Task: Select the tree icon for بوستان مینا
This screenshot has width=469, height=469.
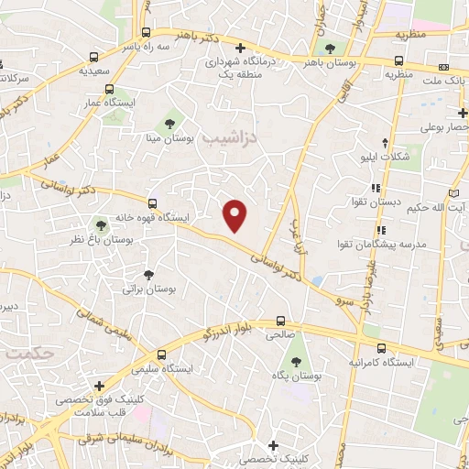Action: pos(169,122)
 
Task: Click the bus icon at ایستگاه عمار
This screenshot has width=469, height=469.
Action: pos(110,90)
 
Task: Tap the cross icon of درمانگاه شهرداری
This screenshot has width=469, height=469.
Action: pos(241,48)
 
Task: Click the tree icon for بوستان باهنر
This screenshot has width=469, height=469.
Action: pos(330,48)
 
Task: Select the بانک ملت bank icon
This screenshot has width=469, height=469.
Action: pos(444,67)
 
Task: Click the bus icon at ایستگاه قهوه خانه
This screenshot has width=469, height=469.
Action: pos(153,202)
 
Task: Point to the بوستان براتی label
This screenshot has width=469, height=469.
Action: pos(148,289)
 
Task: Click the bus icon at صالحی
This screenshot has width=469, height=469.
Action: pos(280,322)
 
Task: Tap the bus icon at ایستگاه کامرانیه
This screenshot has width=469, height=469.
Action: pos(381,348)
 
